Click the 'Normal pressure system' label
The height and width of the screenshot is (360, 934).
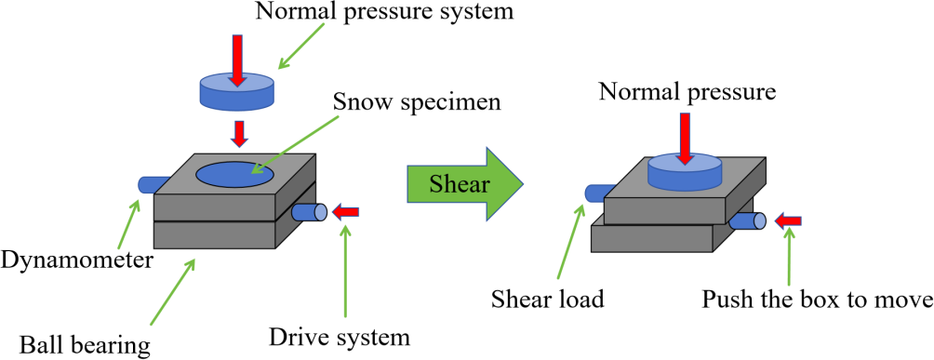(384, 13)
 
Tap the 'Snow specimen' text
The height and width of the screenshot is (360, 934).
(417, 102)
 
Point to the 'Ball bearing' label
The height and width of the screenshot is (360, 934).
(84, 344)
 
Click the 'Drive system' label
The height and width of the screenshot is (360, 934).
(340, 337)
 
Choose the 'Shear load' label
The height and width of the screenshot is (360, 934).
(547, 299)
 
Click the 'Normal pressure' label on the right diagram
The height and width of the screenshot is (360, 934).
(687, 92)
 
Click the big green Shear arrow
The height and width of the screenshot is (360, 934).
(465, 185)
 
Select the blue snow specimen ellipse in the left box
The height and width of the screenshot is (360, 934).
(235, 173)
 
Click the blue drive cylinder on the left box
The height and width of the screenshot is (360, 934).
(309, 212)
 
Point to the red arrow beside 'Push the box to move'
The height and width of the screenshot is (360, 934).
(787, 221)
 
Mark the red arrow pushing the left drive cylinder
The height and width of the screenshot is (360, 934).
(345, 211)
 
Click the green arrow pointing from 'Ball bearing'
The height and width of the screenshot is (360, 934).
(172, 291)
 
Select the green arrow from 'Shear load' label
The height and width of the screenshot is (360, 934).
(570, 240)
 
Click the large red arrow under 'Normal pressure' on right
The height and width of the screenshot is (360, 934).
(685, 139)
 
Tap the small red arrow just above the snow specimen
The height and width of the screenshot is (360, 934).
(238, 134)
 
